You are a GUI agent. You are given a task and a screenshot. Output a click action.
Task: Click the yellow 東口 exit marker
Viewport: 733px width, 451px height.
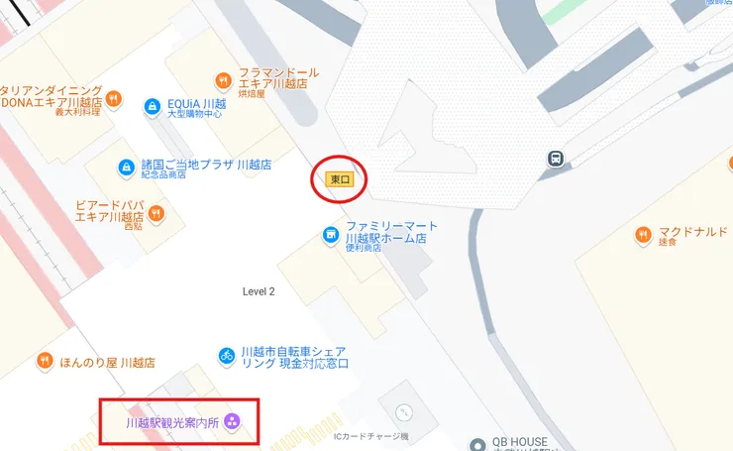coord(341,179)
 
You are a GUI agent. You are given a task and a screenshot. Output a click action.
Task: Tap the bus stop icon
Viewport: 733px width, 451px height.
coord(557,158)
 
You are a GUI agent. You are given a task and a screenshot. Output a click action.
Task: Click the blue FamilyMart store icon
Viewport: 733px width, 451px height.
coord(331,235)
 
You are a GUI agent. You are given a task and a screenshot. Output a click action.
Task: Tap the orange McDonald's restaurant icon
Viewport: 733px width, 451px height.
coord(644,234)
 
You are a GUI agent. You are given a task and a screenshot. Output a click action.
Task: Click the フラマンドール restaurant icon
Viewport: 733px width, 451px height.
coord(222,79)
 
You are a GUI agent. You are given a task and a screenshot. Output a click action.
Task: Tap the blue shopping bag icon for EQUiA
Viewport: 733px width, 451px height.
coord(152,104)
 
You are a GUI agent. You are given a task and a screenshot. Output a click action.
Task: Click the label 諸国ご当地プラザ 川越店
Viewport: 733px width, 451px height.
coord(206,165)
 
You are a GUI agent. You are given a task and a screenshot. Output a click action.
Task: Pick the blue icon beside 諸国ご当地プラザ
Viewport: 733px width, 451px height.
coord(126,168)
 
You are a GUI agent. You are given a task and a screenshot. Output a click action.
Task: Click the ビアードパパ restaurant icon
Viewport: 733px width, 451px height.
coord(156,213)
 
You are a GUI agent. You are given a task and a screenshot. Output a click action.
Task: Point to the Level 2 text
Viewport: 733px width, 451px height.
coord(259,291)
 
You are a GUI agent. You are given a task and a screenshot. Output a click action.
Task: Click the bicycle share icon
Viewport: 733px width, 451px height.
coord(226,355)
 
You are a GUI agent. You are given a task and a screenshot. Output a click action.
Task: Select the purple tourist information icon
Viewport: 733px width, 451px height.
coord(232,422)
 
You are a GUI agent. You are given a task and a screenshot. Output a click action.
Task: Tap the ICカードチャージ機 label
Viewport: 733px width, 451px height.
coord(370,436)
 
